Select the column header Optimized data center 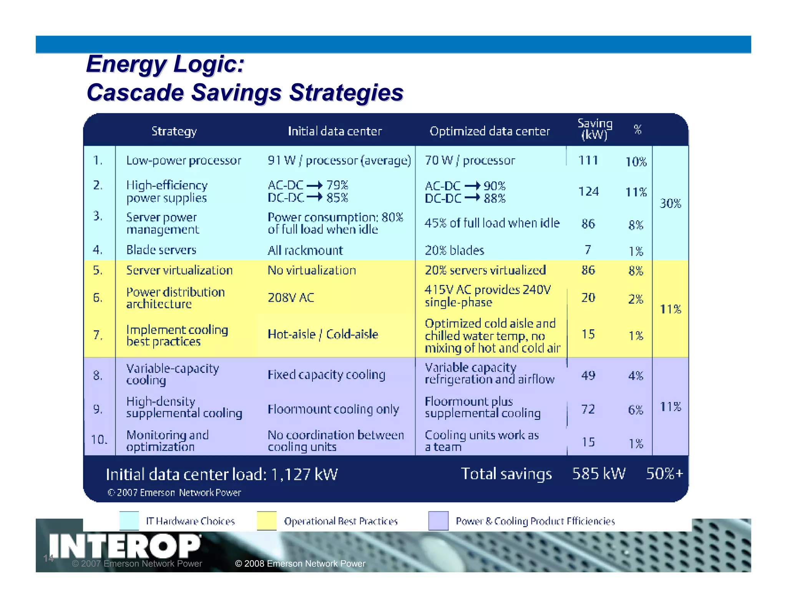click(x=489, y=131)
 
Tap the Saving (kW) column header click(x=594, y=129)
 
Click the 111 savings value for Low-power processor click(x=588, y=160)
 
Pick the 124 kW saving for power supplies click(x=588, y=191)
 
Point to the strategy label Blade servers click(x=161, y=250)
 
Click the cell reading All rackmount click(x=305, y=251)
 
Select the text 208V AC click(x=291, y=297)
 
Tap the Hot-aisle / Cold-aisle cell click(x=323, y=334)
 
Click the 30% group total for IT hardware click(x=670, y=203)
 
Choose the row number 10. click(x=99, y=439)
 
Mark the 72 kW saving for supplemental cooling click(x=588, y=409)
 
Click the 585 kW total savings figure click(x=599, y=474)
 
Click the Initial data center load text click(x=222, y=475)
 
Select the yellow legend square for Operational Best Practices click(x=267, y=521)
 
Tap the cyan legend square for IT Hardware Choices click(x=129, y=521)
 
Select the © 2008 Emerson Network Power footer click(x=300, y=563)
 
